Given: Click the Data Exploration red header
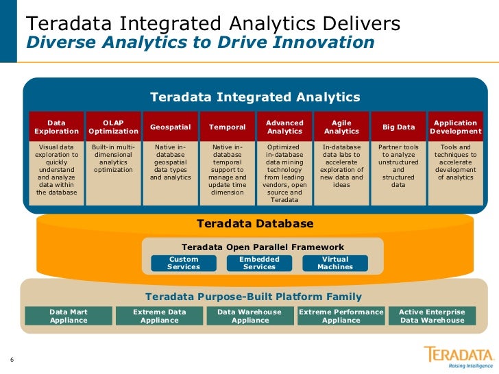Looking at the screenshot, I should coord(56,127).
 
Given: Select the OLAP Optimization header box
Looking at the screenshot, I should coord(114,127).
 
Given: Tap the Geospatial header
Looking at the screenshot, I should coord(170,127).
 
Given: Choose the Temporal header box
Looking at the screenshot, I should coord(227,127).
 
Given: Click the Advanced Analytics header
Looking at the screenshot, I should coord(284,127).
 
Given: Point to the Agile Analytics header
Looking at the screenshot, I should coord(341,127).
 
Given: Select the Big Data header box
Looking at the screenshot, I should coord(398,127).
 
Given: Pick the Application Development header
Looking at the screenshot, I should coord(455,127).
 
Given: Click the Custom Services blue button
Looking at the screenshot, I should coord(184,263).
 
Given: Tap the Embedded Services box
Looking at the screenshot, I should coord(259,263).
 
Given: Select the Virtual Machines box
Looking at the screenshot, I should coord(335,263).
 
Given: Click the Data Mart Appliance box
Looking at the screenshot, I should coord(69,316).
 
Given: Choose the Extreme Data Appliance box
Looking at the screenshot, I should coord(159,316).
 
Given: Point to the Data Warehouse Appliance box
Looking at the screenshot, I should coord(249,316).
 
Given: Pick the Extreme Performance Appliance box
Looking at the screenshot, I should coord(341,316).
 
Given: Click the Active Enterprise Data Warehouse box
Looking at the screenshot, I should coord(432,316).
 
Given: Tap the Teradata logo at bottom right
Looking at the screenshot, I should coord(459,356).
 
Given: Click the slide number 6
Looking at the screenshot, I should coord(12,361).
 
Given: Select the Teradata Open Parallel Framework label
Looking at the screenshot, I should coord(263,247).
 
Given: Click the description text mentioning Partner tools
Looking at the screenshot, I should coord(398,166).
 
